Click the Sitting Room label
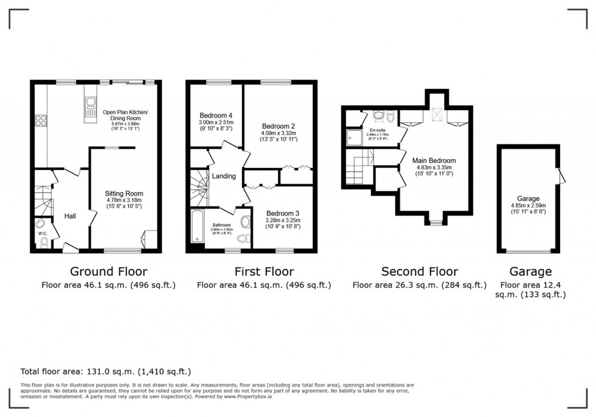(x=125, y=194)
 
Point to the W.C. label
(x=43, y=233)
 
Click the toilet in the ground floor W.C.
(x=44, y=243)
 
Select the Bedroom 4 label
(x=216, y=116)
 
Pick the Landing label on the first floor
(x=224, y=176)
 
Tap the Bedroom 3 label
(x=283, y=213)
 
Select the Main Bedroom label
(x=435, y=161)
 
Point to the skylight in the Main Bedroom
(x=436, y=116)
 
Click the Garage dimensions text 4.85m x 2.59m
(x=528, y=206)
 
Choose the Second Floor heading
(x=420, y=272)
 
